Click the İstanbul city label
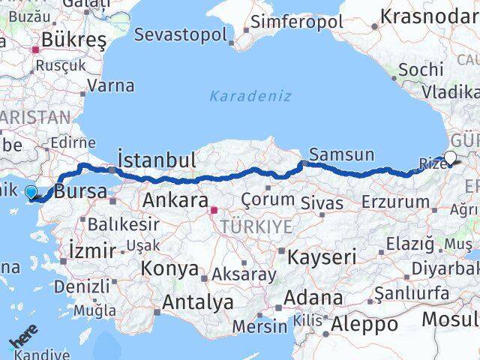157,159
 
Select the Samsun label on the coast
341,154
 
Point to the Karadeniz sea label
250,95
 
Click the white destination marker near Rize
450,157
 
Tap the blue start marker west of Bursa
31,192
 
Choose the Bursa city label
80,191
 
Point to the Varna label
110,85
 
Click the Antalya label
199,302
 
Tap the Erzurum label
394,202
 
